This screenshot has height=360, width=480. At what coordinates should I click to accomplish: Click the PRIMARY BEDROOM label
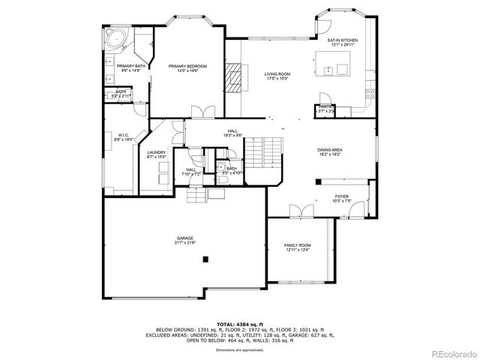pos(187,66)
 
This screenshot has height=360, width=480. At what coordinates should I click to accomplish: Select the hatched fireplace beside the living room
pos(236,76)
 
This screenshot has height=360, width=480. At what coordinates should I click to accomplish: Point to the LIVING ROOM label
pos(277,73)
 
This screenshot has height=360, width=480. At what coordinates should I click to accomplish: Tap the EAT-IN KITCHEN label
pos(343,40)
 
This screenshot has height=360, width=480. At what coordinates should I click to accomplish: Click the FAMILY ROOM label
pos(297,245)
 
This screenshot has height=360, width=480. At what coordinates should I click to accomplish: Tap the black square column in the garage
pos(205,259)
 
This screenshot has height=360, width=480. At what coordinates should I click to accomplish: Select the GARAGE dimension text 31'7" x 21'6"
pos(185,243)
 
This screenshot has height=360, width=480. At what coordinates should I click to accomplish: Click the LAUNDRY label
pos(156,153)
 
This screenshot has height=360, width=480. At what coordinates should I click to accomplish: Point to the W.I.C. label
pos(124,135)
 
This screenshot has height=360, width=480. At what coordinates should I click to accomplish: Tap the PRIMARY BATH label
pos(130,66)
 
